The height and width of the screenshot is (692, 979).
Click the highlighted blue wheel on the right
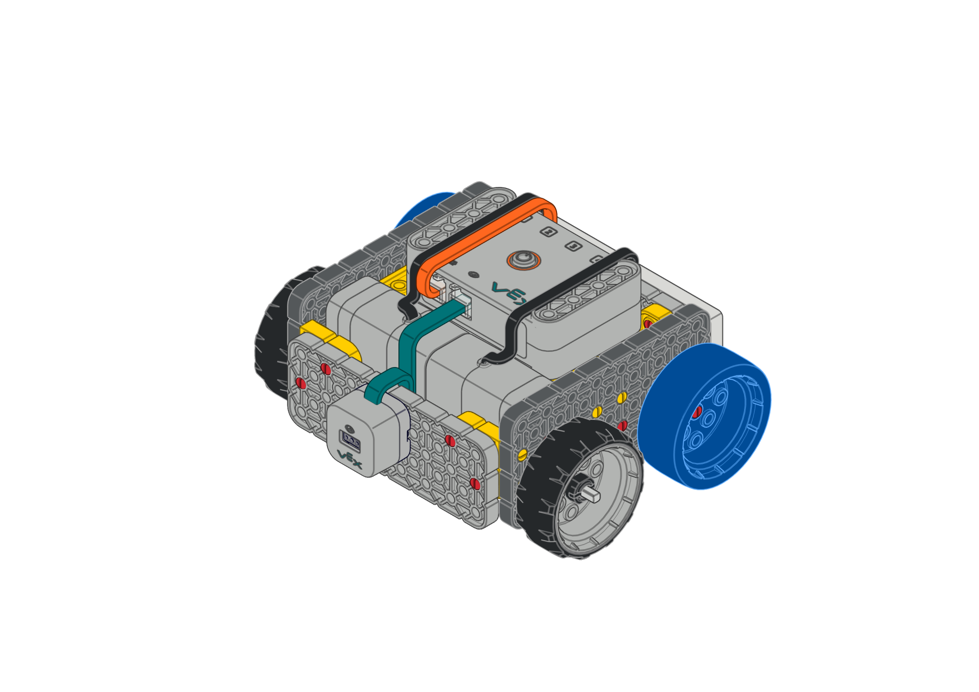click(705, 416)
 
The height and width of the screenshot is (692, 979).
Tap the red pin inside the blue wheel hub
click(697, 411)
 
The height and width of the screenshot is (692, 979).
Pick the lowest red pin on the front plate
click(474, 483)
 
